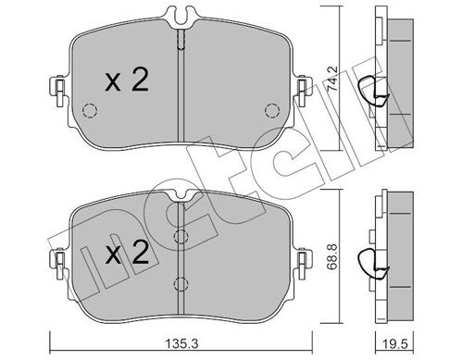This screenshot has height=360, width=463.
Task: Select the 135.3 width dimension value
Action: tap(182, 341)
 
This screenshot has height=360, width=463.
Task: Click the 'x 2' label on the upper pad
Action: tap(126, 81)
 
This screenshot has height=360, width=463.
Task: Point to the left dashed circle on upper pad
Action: tap(90, 112)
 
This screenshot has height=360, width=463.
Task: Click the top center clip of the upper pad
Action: tap(182, 16)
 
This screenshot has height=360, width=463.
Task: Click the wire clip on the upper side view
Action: tap(375, 89)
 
